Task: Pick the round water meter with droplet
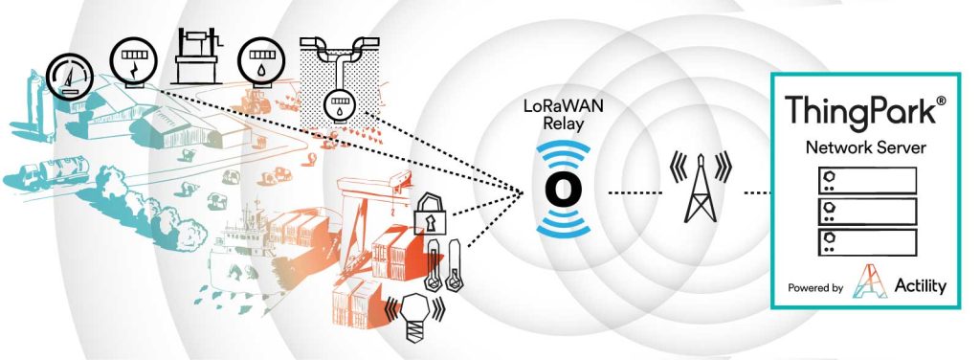(x=259, y=59)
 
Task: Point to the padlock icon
(x=431, y=216)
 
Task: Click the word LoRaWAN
(x=560, y=105)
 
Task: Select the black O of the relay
(x=562, y=189)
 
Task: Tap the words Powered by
(x=815, y=287)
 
